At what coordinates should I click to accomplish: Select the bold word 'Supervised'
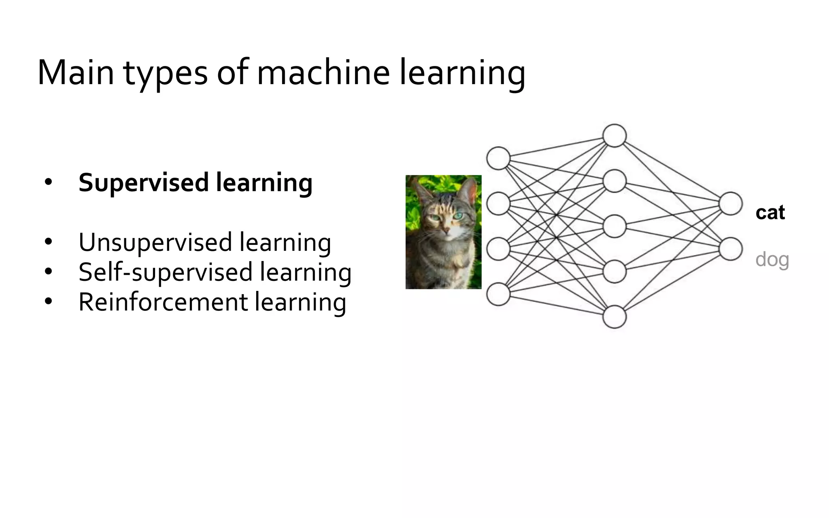144,183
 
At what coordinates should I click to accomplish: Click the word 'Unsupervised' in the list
155,243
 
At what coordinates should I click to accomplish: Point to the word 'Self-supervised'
166,272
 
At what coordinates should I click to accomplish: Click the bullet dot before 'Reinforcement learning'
49,302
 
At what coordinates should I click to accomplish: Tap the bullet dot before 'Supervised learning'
49,183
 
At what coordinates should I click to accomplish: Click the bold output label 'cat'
770,213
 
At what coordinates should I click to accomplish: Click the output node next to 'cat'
731,204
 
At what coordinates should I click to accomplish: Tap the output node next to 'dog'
731,249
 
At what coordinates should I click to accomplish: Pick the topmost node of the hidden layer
614,136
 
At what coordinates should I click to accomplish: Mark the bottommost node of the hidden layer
614,316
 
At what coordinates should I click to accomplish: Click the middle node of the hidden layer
614,226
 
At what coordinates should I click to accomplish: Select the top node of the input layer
498,158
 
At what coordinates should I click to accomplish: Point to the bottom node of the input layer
498,294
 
